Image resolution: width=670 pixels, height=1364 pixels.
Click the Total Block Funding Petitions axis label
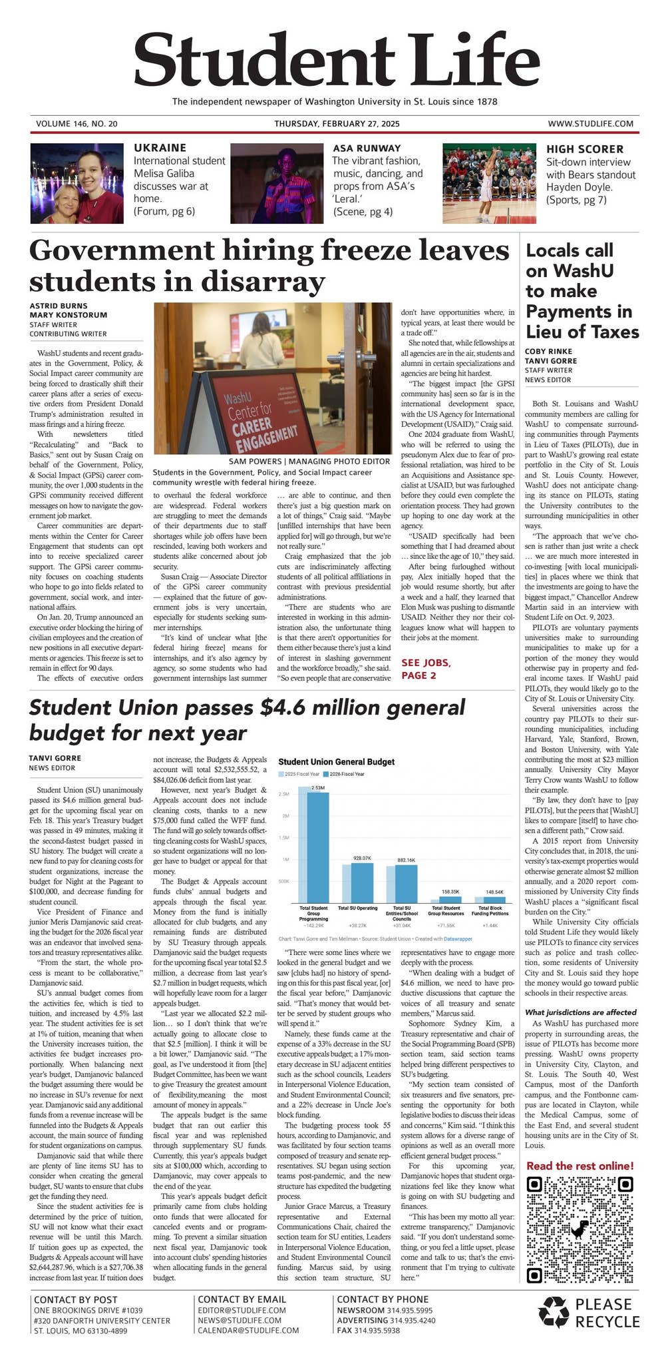click(x=490, y=911)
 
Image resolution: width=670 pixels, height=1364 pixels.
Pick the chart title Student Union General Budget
click(x=336, y=761)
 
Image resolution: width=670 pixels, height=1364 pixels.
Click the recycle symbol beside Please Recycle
click(x=554, y=1313)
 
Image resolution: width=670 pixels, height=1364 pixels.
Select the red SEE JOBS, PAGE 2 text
click(x=426, y=669)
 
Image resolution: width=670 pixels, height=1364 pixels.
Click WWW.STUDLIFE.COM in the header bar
click(x=590, y=124)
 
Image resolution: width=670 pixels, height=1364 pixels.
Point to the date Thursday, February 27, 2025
click(x=337, y=124)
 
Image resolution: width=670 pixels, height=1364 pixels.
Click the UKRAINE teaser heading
click(x=160, y=148)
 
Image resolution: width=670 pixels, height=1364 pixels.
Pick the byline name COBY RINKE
click(x=548, y=351)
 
